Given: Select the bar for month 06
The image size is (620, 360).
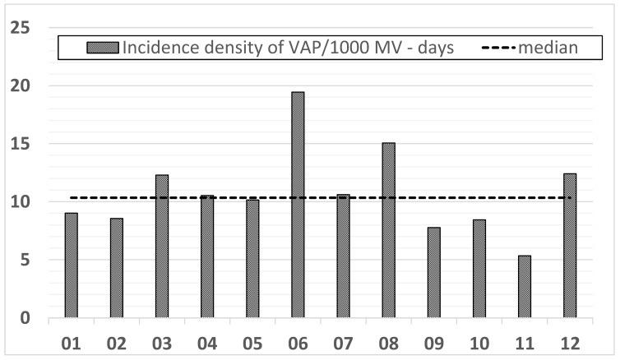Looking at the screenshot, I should (x=298, y=205).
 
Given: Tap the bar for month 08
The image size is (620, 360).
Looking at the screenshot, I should (x=388, y=230).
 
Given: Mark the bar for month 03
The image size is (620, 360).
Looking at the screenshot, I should (x=162, y=246).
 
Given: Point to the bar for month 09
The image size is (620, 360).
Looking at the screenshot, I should (x=433, y=272).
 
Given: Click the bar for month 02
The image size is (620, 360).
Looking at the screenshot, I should (x=117, y=267).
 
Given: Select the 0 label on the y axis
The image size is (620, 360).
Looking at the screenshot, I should (x=24, y=318).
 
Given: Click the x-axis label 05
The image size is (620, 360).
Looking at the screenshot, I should (x=252, y=340).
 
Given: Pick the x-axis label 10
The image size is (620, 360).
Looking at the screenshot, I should (x=479, y=340).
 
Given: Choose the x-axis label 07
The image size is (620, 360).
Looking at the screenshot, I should (x=343, y=340).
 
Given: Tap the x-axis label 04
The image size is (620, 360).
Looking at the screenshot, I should (x=207, y=340).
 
